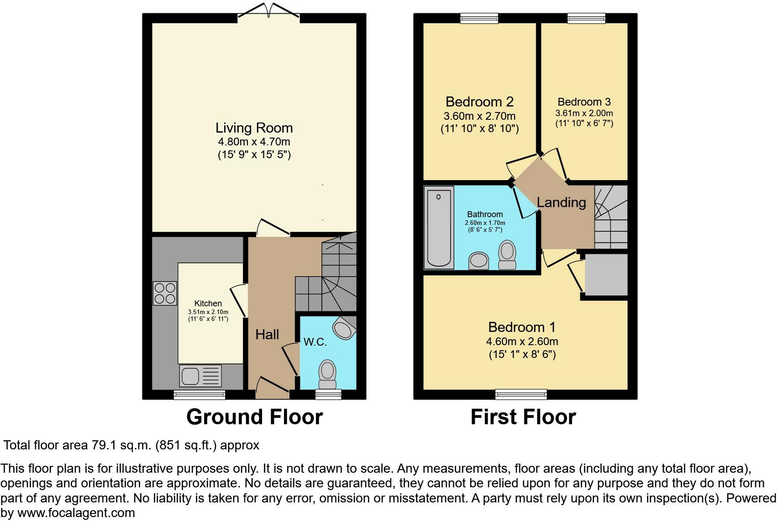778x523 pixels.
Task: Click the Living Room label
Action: pyautogui.click(x=254, y=128)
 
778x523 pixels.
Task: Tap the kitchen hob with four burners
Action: pyautogui.click(x=165, y=293)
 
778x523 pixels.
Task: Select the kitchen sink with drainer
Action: pyautogui.click(x=200, y=375)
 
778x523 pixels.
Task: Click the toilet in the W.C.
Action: pyautogui.click(x=327, y=374)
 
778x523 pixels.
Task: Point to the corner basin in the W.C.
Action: pyautogui.click(x=344, y=328)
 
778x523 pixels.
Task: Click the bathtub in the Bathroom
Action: pyautogui.click(x=439, y=228)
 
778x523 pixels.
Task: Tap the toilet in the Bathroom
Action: pyautogui.click(x=507, y=255)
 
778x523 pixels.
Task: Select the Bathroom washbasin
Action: pyautogui.click(x=478, y=261)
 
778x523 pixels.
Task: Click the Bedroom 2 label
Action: pyautogui.click(x=479, y=102)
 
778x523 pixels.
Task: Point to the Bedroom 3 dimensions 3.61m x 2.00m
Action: pyautogui.click(x=584, y=113)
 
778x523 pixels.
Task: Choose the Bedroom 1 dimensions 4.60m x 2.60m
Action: pyautogui.click(x=522, y=342)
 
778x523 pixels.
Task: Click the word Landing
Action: pyautogui.click(x=561, y=203)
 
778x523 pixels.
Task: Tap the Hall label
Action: pyautogui.click(x=267, y=335)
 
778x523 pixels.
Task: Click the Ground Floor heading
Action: pyautogui.click(x=255, y=416)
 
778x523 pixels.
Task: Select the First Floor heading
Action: pyautogui.click(x=523, y=416)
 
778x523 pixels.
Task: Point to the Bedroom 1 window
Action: pyautogui.click(x=521, y=394)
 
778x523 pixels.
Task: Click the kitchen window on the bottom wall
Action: pyautogui.click(x=200, y=395)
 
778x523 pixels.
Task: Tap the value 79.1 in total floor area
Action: pyautogui.click(x=104, y=445)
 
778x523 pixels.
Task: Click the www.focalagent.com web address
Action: pyautogui.click(x=76, y=512)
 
